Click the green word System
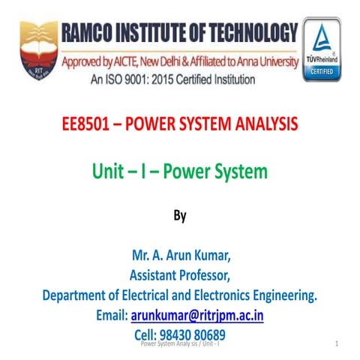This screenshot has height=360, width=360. coord(238,172)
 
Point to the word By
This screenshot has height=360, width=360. coord(179,215)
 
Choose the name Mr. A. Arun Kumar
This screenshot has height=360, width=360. coord(179,259)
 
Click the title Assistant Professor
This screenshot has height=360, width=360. coord(179,277)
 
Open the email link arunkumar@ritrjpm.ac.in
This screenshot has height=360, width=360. coord(197,316)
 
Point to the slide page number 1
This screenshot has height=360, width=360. coord(338,343)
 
